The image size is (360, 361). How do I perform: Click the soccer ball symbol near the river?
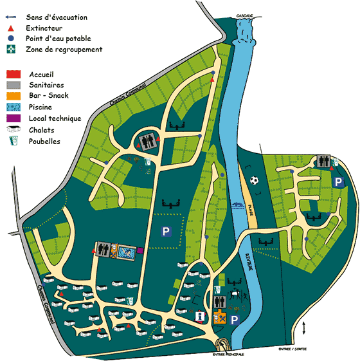coord(254,181)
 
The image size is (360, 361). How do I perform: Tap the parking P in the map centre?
coord(165,231)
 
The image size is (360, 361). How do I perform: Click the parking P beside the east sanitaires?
coord(339,182)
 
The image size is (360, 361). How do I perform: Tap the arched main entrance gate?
coord(222,345)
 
